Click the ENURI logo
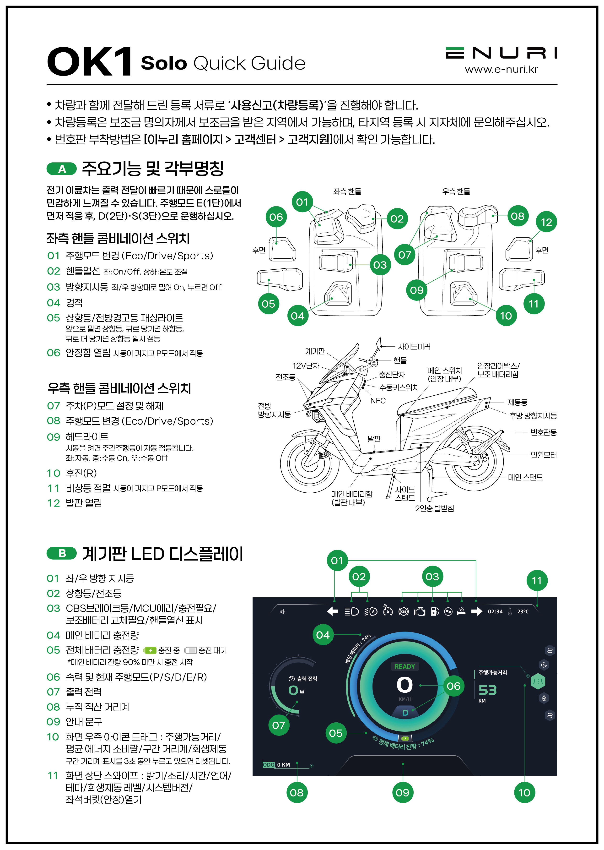coord(501,53)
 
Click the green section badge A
coord(62,169)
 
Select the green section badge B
coord(62,553)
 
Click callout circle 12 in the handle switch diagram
coord(546,222)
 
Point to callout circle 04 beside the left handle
coord(297,316)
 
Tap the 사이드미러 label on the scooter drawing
coord(414,347)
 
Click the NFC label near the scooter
coord(378,401)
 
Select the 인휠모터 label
coord(543,455)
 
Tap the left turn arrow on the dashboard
coord(333,611)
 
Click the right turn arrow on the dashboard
coord(476,611)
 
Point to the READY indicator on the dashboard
coord(405,666)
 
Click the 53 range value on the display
coord(488,690)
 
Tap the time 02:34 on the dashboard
coord(495,611)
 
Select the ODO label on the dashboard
coord(269,764)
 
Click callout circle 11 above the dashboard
coord(537,580)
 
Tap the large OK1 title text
coord(90,61)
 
